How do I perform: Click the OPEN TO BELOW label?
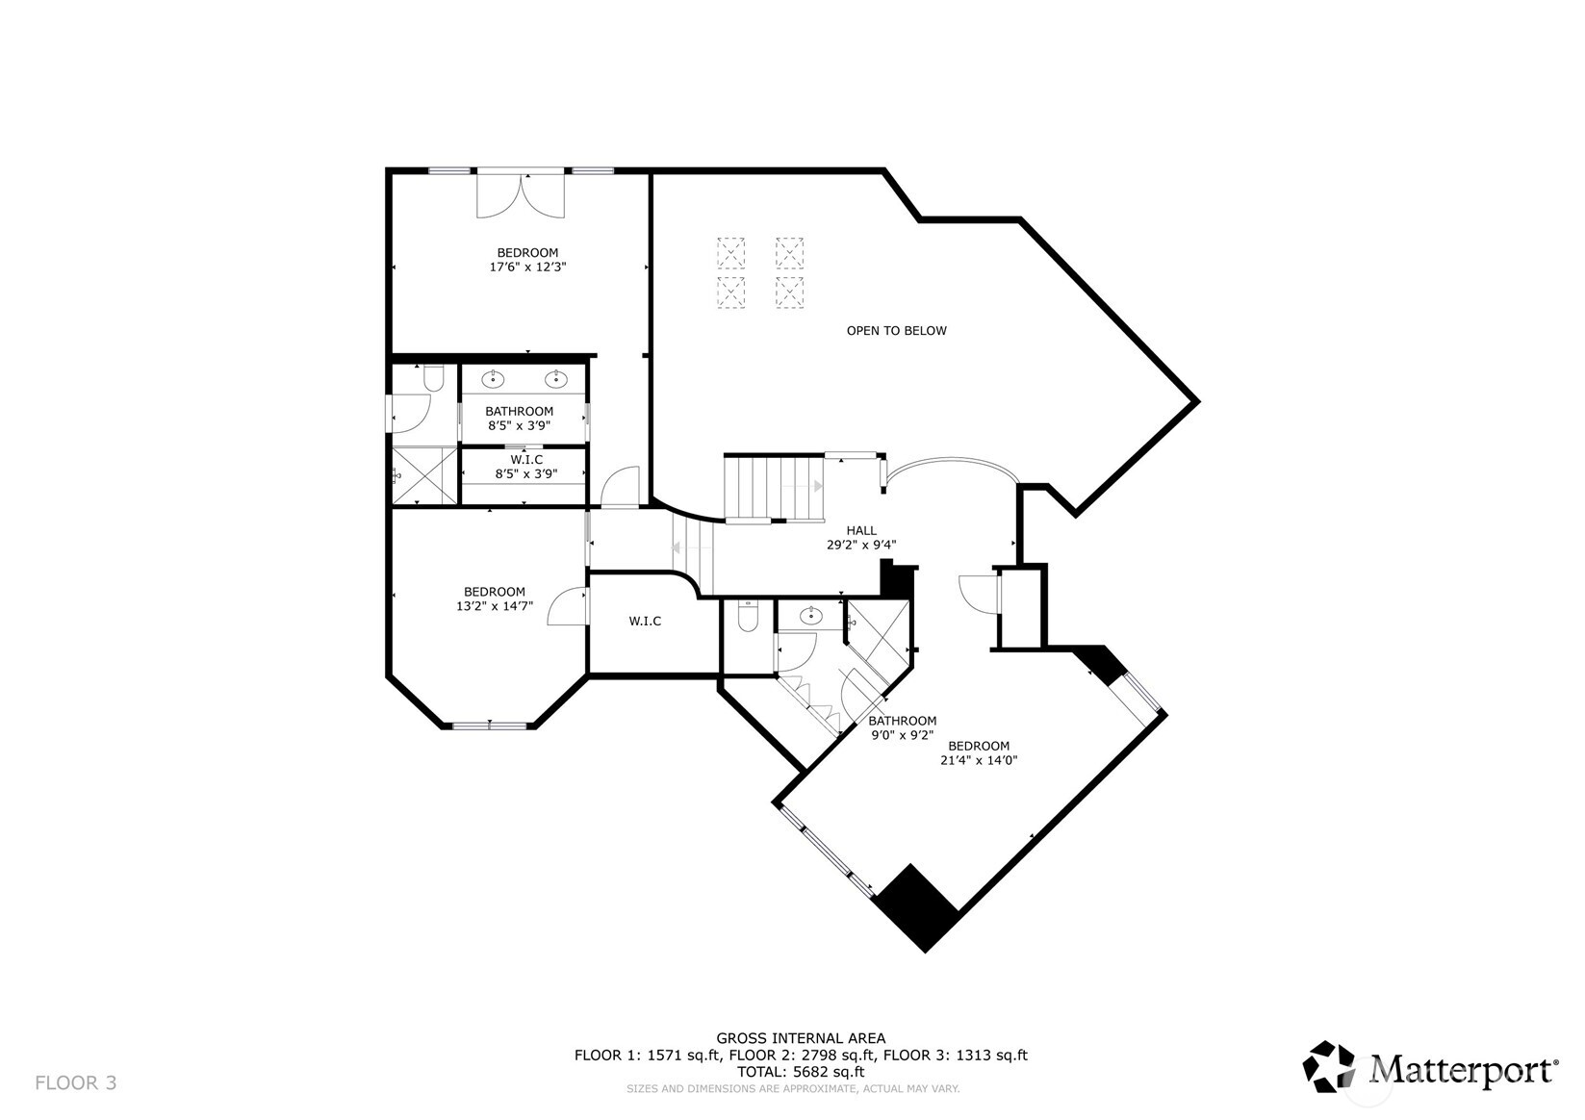click(896, 331)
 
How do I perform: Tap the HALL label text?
click(861, 530)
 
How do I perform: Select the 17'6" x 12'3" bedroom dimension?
click(527, 267)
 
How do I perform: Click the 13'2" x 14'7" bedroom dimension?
click(495, 606)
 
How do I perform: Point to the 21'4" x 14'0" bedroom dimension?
click(979, 760)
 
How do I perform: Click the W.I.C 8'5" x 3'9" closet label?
click(525, 467)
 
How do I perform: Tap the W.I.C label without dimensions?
click(645, 622)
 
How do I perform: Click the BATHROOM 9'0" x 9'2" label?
click(901, 727)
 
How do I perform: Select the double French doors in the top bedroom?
click(520, 194)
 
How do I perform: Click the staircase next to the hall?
click(772, 488)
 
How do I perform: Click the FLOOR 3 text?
click(75, 1082)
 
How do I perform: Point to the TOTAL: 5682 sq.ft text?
click(801, 1071)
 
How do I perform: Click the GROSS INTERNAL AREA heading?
click(801, 1038)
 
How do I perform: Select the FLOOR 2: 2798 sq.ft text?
click(801, 1055)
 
